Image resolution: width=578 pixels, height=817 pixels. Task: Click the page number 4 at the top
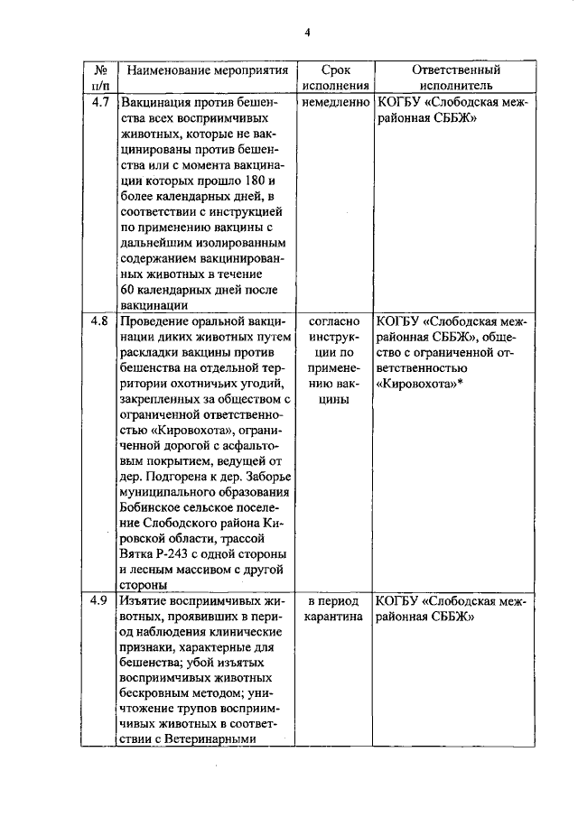307,32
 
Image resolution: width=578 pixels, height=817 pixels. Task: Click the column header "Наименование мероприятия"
208,70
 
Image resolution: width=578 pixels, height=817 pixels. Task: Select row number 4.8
100,320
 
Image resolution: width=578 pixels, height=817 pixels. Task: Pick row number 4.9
100,600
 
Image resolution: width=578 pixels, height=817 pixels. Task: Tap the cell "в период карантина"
335,608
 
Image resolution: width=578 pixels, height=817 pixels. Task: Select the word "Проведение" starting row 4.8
155,320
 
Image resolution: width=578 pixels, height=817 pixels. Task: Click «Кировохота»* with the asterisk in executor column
420,385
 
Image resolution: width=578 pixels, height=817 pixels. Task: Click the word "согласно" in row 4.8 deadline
335,320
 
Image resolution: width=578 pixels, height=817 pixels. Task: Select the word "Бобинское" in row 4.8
151,507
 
